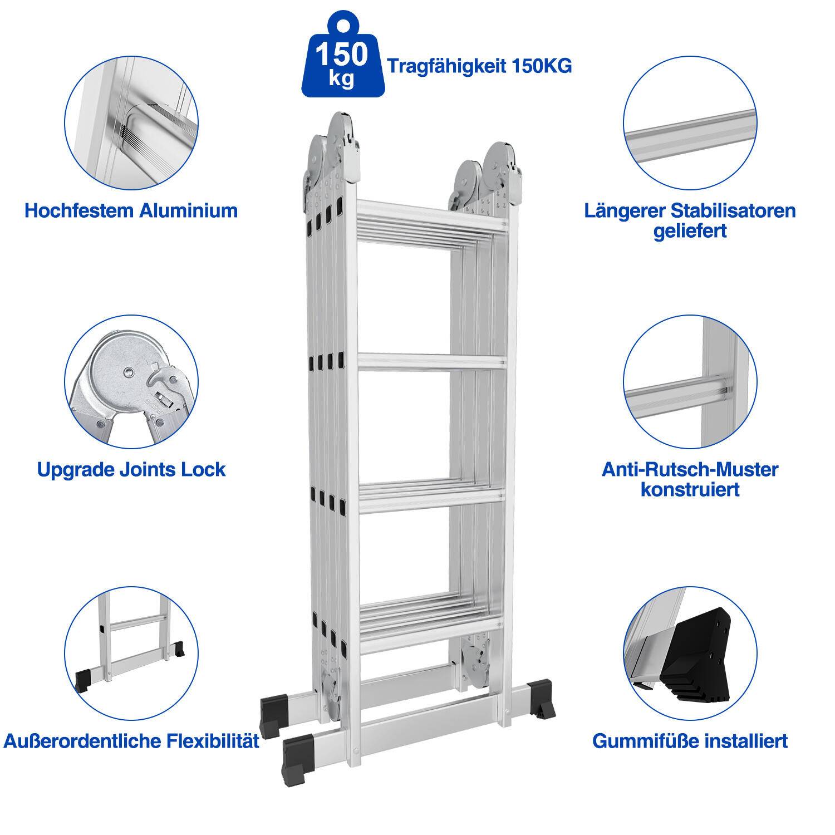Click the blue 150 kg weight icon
point(341,58)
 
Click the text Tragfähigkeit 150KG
point(479,66)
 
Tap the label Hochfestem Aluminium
point(131,210)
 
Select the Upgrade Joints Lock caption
point(131,469)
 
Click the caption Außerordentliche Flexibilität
point(131,741)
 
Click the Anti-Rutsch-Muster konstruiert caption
point(690,479)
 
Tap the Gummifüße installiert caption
point(690,741)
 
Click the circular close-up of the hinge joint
point(131,383)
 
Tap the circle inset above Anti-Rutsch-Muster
point(690,383)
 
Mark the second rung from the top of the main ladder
point(431,362)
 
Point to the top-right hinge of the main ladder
point(490,173)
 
